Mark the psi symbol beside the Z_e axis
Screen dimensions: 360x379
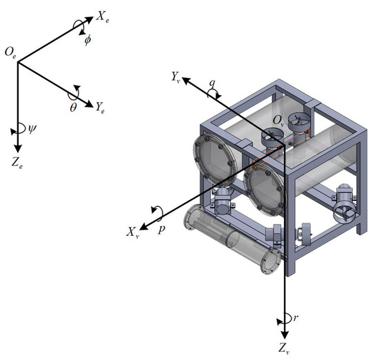[29, 128]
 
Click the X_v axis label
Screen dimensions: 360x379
[132, 233]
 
